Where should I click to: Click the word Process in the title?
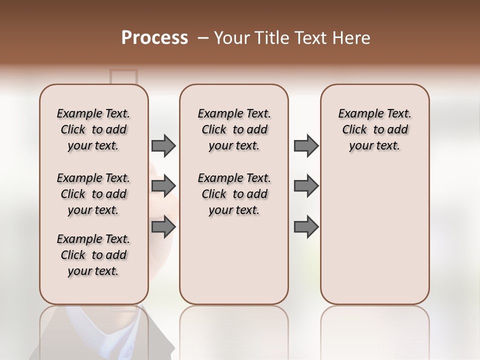(154, 38)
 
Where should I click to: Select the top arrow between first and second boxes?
(163, 146)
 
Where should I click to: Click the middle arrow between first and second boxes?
(163, 186)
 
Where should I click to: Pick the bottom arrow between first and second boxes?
(163, 227)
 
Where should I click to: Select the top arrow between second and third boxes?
(306, 146)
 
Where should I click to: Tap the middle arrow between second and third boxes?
(306, 186)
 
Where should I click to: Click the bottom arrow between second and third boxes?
(306, 227)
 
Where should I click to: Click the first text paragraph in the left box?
(93, 129)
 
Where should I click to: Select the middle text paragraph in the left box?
(93, 194)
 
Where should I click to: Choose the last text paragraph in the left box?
(93, 255)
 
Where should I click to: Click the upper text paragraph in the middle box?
(234, 129)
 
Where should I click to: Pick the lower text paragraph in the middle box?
(234, 194)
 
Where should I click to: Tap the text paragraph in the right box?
(375, 129)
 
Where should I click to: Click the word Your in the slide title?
(232, 38)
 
